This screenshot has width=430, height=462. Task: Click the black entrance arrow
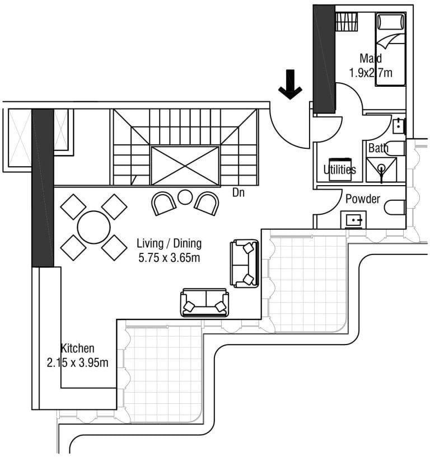coord(290,85)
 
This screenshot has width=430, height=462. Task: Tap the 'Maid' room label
coord(371,58)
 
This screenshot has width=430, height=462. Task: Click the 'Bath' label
coord(378,148)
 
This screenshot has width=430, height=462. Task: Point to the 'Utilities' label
coord(339,169)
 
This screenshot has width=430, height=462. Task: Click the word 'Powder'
coord(363,199)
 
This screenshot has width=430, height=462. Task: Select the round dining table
coord(94,227)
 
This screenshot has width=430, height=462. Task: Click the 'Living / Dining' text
coord(169,243)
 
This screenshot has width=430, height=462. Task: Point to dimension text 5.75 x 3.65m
coord(169,258)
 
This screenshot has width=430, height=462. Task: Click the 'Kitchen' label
coord(77,348)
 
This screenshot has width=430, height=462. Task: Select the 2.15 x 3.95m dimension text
coord(78,362)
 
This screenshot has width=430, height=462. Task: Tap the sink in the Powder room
coord(353,220)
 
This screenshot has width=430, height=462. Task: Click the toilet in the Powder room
coord(395,207)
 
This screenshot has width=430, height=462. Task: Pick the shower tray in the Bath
coord(381,169)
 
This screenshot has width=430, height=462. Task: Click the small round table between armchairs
coord(185,197)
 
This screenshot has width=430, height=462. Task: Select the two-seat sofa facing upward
coord(204,303)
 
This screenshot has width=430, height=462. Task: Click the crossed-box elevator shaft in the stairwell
coord(185,165)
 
